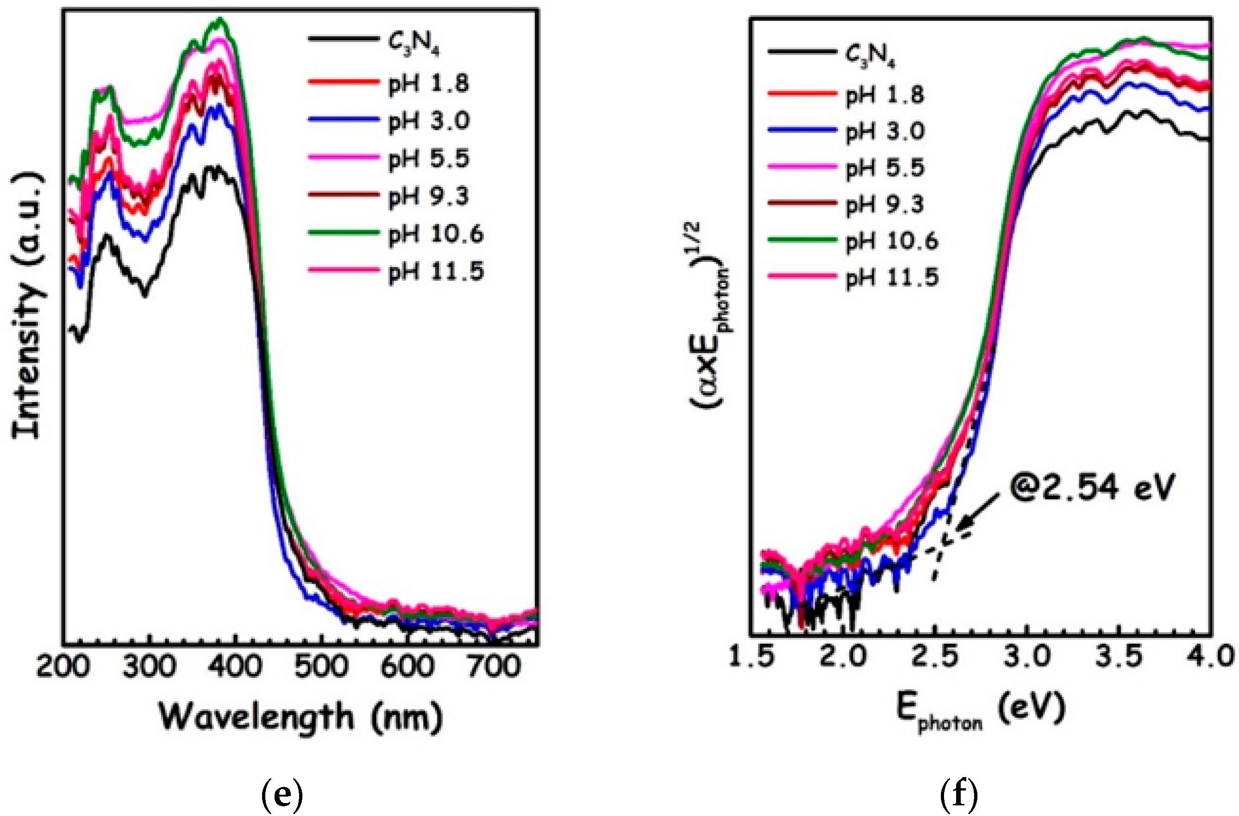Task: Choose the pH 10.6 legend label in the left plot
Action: coord(436,234)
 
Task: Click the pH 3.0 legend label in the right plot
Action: coord(884,131)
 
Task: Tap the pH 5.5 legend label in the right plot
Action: coord(884,168)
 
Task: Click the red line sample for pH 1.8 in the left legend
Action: coord(344,82)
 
